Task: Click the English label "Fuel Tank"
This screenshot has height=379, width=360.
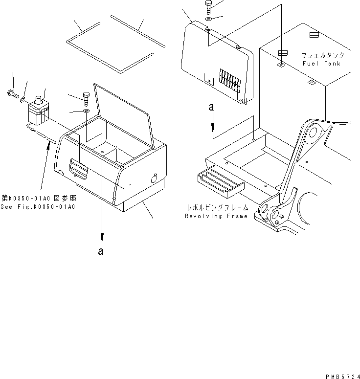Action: click(320, 64)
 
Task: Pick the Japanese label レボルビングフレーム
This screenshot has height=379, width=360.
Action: click(217, 208)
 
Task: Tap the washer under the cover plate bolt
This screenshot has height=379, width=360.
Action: click(209, 20)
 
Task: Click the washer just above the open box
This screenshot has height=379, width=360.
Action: click(86, 112)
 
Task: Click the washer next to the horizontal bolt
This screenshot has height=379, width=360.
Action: click(23, 100)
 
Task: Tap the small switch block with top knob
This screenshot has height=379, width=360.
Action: click(38, 111)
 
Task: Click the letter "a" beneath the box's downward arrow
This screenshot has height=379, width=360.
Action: click(101, 251)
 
